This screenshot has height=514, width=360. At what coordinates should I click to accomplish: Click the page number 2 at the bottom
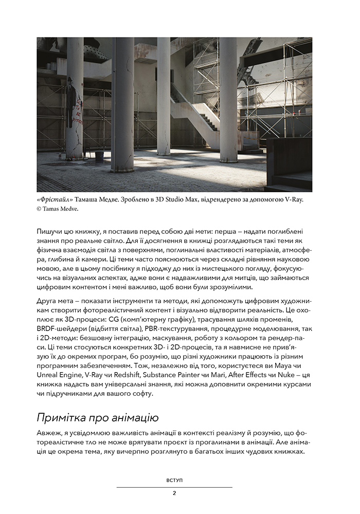point(174,493)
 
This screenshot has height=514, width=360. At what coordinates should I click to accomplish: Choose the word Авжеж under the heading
point(50,433)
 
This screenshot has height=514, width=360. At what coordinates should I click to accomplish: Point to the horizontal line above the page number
point(174,487)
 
